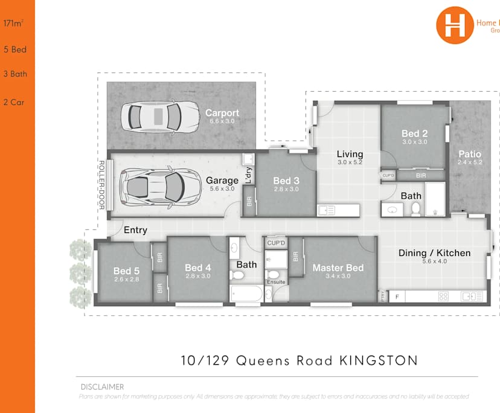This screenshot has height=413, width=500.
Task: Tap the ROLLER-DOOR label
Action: [x=101, y=185]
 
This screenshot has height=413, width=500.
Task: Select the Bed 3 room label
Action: [x=286, y=181]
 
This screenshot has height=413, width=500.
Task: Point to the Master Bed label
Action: [x=338, y=267]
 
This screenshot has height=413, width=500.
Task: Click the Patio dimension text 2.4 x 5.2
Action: [x=470, y=162]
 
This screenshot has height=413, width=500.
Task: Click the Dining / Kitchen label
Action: [x=434, y=253]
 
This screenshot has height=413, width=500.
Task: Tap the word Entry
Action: [x=135, y=230]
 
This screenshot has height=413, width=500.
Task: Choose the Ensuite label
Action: [x=275, y=282]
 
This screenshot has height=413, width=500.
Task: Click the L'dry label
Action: [x=249, y=174]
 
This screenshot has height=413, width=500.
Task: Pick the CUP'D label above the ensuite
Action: [x=276, y=243]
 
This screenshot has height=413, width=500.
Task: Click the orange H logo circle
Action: [x=454, y=25]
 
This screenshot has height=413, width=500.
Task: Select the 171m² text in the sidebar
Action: [x=13, y=25]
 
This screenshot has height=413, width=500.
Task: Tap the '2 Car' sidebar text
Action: [x=14, y=102]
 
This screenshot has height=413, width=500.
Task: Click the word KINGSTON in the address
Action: [x=378, y=360]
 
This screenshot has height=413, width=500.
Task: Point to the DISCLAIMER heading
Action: [x=102, y=387]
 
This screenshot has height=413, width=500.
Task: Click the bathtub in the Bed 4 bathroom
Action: [x=247, y=295]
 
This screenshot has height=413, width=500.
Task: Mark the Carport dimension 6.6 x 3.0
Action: [x=222, y=121]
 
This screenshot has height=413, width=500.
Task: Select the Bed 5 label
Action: [x=126, y=271]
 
